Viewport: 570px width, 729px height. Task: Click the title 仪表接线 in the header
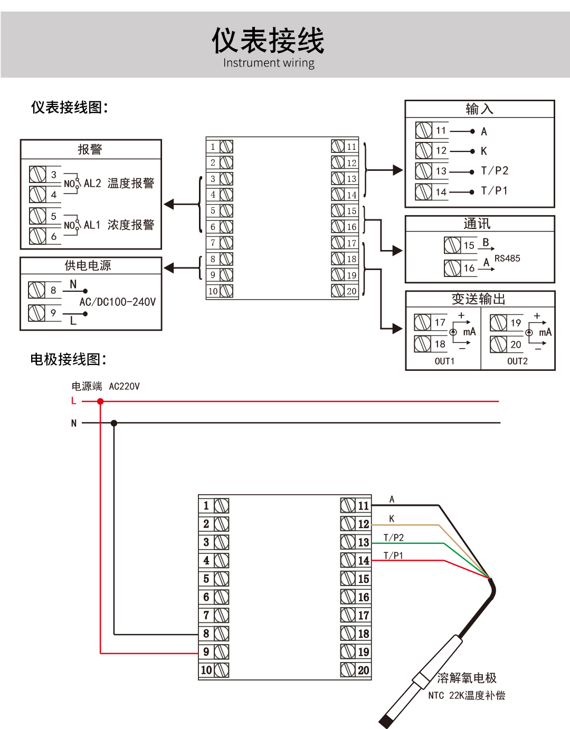tap(268, 41)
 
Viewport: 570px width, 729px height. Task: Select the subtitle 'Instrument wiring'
tap(269, 63)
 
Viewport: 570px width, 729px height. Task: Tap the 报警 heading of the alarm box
tap(90, 149)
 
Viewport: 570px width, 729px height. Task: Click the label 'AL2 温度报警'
tap(119, 184)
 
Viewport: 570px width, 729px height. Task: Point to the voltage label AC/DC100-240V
tap(118, 302)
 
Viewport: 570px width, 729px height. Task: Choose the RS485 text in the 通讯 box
tap(507, 258)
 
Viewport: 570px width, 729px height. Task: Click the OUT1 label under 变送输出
tap(444, 361)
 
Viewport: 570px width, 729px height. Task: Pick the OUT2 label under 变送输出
tap(517, 361)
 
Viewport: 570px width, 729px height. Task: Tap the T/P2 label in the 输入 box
tap(495, 171)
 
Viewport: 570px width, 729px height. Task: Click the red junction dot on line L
tap(100, 401)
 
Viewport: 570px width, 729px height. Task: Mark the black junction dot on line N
tap(114, 423)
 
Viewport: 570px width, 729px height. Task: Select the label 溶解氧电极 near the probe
tap(467, 678)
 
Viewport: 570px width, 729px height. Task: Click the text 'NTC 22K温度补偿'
tap(467, 696)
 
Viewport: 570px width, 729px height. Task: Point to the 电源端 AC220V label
tap(106, 387)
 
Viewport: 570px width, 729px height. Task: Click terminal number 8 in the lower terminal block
tap(206, 634)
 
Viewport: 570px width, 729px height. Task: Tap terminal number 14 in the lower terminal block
tap(364, 561)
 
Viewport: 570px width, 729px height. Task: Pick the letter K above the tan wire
tap(392, 519)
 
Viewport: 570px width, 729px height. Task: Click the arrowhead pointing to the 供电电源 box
tap(169, 268)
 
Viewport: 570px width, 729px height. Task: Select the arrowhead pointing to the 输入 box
tap(398, 170)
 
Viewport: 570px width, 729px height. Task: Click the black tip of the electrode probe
tap(385, 721)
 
